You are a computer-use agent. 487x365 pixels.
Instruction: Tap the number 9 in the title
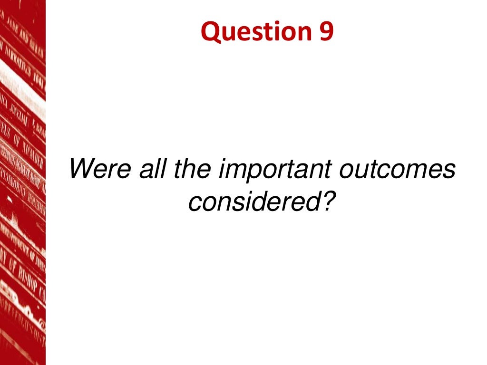[325, 31]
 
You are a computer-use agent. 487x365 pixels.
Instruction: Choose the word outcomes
[397, 169]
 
